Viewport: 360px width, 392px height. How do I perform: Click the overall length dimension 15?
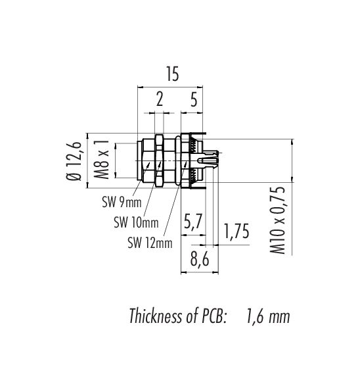173,74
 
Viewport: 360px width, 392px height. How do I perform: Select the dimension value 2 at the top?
160,99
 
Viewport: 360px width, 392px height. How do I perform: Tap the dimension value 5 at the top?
194,99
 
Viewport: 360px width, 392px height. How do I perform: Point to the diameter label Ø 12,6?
74,161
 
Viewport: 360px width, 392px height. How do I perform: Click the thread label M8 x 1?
102,160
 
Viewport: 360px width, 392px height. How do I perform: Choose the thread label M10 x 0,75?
277,220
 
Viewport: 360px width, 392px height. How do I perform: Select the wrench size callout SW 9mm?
122,202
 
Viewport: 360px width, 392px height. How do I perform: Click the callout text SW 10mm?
136,222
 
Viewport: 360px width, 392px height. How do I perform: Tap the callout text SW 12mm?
150,243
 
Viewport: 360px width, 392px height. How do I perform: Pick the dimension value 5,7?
192,222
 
